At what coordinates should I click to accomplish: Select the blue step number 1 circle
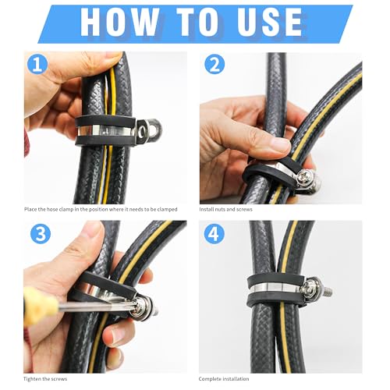[36, 63]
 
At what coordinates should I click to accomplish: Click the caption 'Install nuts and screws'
[230, 210]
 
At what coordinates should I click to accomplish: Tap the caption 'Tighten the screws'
[49, 379]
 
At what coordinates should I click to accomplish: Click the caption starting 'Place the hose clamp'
[101, 210]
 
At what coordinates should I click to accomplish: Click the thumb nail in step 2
[278, 145]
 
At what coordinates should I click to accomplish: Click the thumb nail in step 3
[93, 230]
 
